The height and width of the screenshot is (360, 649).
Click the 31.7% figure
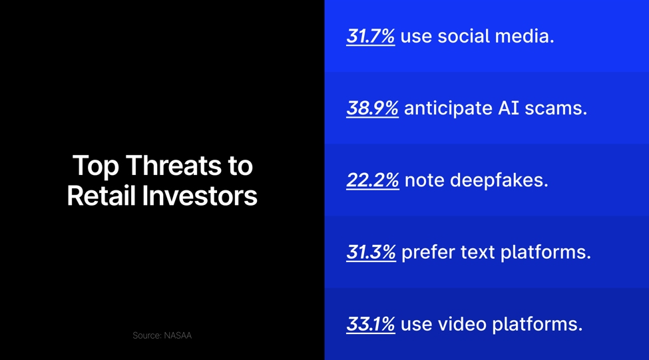point(370,36)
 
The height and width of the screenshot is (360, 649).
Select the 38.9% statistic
point(372,108)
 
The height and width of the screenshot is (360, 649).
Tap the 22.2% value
point(372,180)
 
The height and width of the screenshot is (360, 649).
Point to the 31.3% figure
point(371,252)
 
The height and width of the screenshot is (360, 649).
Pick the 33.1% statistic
point(370,324)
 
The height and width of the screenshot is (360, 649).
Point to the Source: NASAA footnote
point(162,335)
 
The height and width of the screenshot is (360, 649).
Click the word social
point(460,36)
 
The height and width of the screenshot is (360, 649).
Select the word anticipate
point(447,108)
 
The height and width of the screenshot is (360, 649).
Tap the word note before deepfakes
point(423,180)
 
